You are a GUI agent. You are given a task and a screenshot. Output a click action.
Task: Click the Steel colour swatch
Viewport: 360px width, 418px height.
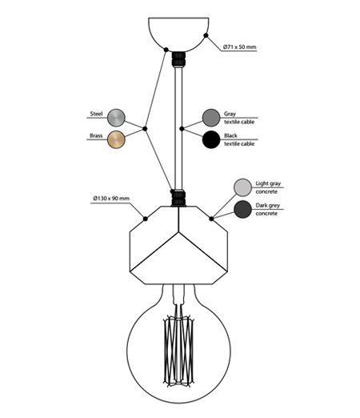(x=116, y=118)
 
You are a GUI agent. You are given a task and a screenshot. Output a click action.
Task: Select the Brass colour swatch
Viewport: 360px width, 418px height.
(x=116, y=139)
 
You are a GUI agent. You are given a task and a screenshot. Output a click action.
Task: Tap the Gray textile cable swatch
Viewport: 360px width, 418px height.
(x=211, y=118)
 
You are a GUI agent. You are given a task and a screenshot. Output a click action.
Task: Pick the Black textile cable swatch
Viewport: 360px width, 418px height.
(x=211, y=139)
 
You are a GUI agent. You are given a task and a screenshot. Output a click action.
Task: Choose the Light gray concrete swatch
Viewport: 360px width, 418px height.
(x=242, y=187)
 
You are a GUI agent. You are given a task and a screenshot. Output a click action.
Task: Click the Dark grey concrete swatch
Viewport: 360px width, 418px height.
(x=242, y=209)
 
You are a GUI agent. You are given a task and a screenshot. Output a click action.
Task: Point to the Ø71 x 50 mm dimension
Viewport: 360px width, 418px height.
(x=240, y=47)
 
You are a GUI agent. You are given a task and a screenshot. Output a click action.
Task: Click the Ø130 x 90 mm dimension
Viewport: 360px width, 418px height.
(x=111, y=199)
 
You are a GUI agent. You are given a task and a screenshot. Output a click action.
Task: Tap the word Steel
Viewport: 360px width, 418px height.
(x=96, y=114)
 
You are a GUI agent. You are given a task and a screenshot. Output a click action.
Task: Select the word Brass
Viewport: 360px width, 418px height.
(x=96, y=135)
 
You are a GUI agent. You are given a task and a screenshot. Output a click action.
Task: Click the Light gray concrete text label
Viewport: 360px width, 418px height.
(x=268, y=187)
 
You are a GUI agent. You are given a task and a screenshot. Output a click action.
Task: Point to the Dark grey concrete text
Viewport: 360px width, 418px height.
(x=268, y=209)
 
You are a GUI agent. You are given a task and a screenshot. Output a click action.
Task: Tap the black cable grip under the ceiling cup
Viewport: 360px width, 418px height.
(x=178, y=60)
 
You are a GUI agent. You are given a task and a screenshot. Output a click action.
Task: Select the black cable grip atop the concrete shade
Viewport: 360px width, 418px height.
(x=178, y=198)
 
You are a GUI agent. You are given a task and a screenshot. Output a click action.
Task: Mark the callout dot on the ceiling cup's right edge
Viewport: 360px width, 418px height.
(x=206, y=35)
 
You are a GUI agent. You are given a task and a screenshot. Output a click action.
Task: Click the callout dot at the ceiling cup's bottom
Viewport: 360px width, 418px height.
(x=166, y=50)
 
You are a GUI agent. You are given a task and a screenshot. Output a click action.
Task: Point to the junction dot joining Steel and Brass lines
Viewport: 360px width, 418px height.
(x=145, y=129)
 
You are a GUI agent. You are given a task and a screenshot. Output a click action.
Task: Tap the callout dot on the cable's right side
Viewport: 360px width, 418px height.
(x=182, y=129)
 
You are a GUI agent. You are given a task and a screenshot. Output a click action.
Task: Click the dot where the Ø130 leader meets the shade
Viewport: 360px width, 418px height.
(x=146, y=219)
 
